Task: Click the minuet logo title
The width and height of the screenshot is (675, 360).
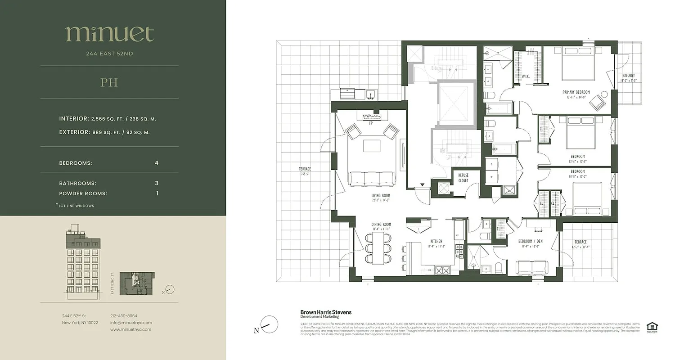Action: tap(109, 34)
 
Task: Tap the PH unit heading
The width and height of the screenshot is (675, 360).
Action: tap(109, 83)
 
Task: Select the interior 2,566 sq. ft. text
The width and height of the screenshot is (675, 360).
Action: tap(108, 119)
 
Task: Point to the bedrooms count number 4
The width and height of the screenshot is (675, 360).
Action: tap(157, 163)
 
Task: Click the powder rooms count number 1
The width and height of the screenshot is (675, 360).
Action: tap(157, 193)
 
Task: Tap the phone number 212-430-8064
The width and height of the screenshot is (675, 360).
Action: tap(124, 316)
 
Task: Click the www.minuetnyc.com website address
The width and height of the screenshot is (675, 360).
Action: tap(131, 329)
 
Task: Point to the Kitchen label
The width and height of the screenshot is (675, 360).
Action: tap(436, 241)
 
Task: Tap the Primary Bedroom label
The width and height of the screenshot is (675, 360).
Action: tap(576, 92)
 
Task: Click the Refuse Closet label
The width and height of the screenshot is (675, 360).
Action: tap(463, 178)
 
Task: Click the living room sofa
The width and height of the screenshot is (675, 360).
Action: tap(372, 179)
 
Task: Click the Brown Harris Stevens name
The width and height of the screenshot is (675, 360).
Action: tap(326, 312)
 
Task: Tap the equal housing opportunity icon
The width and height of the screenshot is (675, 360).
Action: tap(651, 327)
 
